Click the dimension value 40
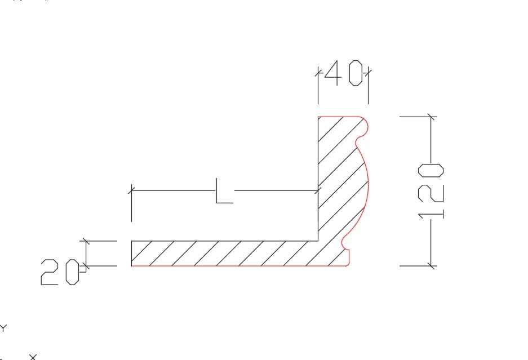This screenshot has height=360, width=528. point(344,73)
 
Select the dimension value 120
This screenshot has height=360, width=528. point(431,191)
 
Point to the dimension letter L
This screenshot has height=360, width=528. point(224,191)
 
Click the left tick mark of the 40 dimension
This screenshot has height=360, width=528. point(318,73)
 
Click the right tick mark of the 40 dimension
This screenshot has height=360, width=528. point(368,73)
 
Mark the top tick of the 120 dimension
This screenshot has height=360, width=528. point(431,117)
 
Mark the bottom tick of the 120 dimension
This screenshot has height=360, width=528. point(431,266)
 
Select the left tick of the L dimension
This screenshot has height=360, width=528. point(131,190)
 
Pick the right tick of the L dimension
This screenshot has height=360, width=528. point(318,190)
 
